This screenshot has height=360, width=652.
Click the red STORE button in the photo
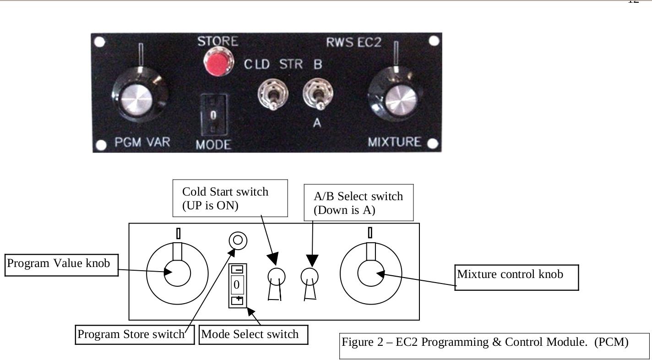[218, 62]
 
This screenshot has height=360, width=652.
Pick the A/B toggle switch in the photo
[318, 93]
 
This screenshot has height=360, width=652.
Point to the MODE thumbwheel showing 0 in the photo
[214, 115]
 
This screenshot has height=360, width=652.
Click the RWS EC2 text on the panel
[353, 43]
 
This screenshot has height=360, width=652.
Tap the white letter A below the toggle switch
[317, 123]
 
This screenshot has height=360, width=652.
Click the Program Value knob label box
[61, 265]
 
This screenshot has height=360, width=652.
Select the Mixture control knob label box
[516, 277]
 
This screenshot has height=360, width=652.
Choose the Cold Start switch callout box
[230, 198]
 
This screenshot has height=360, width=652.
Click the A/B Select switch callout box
[359, 202]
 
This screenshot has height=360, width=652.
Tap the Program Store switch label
[135, 335]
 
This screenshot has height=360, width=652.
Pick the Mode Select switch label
[254, 335]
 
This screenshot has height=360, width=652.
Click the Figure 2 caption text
[485, 342]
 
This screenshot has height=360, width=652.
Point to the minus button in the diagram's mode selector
[237, 270]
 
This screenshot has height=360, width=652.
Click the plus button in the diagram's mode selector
[237, 300]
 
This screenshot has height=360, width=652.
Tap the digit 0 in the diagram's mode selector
[237, 284]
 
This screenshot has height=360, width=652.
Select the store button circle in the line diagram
[238, 240]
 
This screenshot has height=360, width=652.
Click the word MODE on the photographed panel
[214, 145]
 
